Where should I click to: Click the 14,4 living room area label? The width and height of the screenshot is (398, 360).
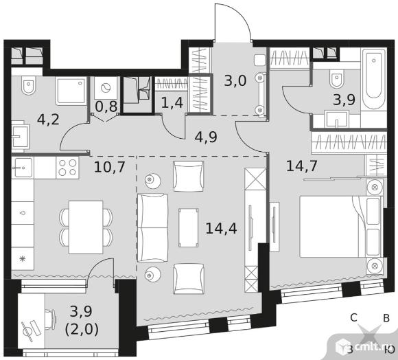click(221, 228)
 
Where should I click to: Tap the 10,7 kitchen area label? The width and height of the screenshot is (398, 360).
click(109, 167)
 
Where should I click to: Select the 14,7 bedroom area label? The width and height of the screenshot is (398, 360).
click(302, 166)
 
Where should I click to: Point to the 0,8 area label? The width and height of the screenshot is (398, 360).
click(106, 106)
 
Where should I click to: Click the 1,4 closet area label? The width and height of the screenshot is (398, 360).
click(172, 102)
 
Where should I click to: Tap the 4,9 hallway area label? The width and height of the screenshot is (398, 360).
click(206, 137)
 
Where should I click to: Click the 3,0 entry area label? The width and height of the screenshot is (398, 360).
click(235, 81)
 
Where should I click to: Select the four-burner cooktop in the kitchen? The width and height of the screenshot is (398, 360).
click(67, 168)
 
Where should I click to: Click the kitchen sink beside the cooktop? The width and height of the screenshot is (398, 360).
click(23, 168)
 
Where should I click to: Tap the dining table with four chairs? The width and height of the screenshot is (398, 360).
click(86, 227)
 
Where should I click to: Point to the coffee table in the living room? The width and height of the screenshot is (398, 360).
click(188, 227)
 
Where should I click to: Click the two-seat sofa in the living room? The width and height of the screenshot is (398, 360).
click(152, 227)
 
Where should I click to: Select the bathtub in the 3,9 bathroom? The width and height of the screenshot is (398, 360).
click(374, 79)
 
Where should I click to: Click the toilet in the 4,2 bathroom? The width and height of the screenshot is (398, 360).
click(28, 85)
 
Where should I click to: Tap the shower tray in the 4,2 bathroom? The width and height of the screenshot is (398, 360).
click(71, 91)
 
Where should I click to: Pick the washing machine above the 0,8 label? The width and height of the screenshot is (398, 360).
click(106, 88)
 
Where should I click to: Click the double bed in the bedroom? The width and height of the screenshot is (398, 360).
click(342, 227)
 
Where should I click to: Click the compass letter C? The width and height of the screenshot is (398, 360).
click(354, 317)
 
